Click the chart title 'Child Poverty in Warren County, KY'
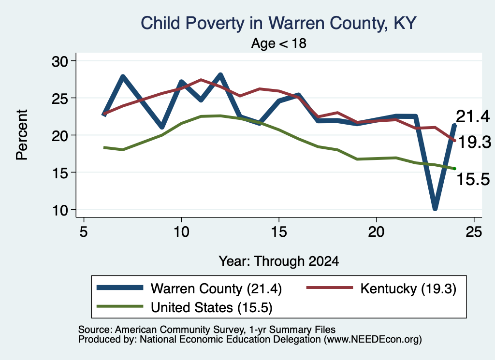pos(278,23)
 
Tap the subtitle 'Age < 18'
pos(279,43)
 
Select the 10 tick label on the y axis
pos(60,210)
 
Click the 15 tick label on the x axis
pos(279,232)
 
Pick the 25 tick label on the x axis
pos(474,232)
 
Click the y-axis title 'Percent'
pos(22,135)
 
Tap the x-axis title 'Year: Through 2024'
pos(279,261)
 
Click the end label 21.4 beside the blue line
pos(473,116)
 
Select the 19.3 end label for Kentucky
pos(475,142)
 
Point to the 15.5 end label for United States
pos(473,179)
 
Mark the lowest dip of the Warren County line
pos(435,208)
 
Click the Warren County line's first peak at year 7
pos(123,77)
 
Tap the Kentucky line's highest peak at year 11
pos(201,80)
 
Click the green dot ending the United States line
pos(454,169)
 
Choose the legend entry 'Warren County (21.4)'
pos(189,288)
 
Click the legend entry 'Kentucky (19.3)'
pos(381,288)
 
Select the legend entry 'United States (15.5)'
pos(184,307)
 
